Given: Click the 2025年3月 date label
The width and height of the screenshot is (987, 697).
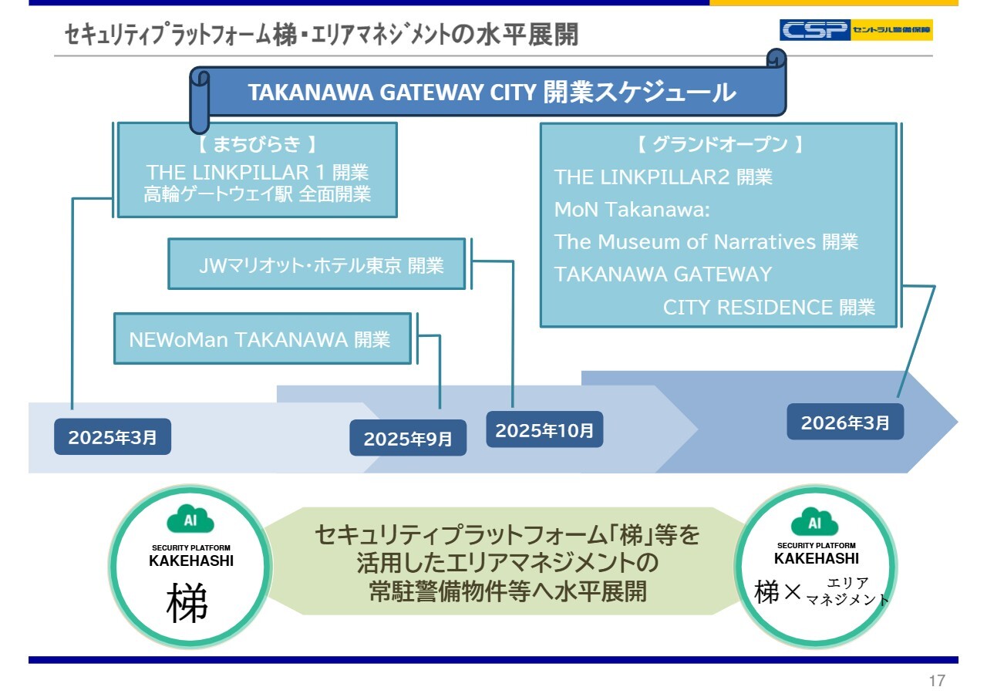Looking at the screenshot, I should pyautogui.click(x=113, y=437).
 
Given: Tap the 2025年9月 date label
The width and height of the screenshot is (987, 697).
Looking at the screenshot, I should pyautogui.click(x=408, y=439).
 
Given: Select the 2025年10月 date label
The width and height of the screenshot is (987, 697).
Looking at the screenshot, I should pyautogui.click(x=544, y=430).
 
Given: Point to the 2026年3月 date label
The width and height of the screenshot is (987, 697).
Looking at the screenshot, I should pyautogui.click(x=845, y=423).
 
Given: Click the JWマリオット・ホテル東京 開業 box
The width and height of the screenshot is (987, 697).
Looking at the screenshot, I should pyautogui.click(x=317, y=264).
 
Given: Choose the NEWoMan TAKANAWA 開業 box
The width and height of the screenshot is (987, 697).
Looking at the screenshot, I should pyautogui.click(x=262, y=338).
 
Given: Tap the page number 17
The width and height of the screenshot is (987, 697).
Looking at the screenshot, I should pyautogui.click(x=937, y=681).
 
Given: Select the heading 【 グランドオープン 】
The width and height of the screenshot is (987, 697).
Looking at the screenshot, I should pyautogui.click(x=719, y=144).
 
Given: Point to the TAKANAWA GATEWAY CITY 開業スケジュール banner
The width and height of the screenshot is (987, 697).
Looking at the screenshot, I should pyautogui.click(x=491, y=93).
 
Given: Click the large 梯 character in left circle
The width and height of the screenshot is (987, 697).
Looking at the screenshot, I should pyautogui.click(x=187, y=603).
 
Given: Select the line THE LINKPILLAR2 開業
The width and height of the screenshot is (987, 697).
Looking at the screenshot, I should pyautogui.click(x=663, y=177).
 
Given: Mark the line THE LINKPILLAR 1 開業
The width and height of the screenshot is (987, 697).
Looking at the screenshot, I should pyautogui.click(x=258, y=171).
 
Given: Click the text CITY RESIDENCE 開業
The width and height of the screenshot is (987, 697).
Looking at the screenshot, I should pyautogui.click(x=769, y=308).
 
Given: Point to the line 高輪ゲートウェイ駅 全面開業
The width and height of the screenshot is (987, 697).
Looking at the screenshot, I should pyautogui.click(x=258, y=194).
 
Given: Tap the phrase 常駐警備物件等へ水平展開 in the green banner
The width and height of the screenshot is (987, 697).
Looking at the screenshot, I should pyautogui.click(x=507, y=591).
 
